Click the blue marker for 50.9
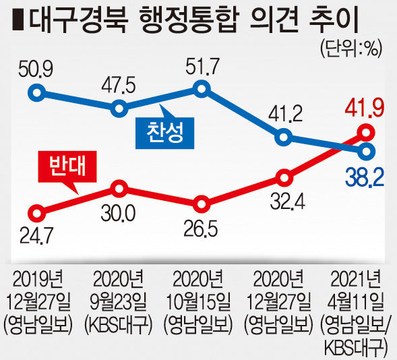point(36,92)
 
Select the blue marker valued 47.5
point(119,109)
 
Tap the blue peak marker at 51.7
point(202,89)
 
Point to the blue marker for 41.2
point(284,138)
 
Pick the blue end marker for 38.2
point(366,152)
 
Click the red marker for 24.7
point(36,214)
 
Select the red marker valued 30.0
point(119,189)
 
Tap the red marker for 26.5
point(202,204)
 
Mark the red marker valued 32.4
point(284,178)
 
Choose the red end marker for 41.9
point(366,132)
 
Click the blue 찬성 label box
point(165,133)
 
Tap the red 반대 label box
point(67,167)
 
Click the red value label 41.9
point(364,109)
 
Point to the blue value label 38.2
point(364,177)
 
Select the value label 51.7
point(202,66)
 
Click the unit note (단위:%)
point(350,48)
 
